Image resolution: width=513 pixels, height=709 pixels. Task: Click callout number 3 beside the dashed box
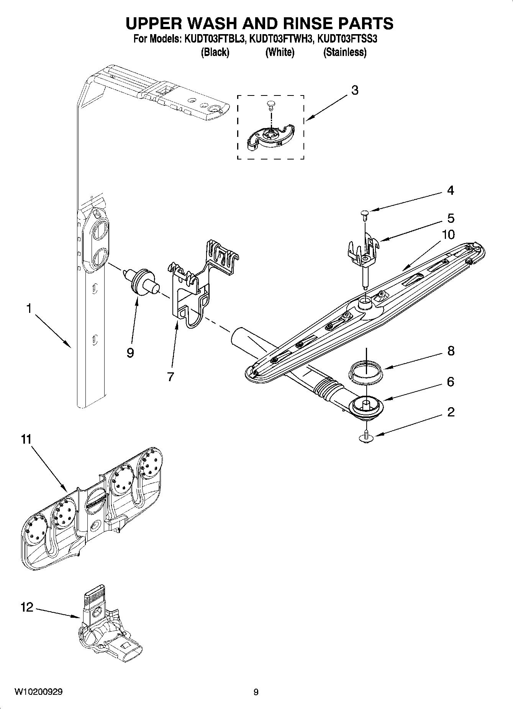pos(355,90)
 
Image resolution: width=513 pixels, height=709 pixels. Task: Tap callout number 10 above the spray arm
pos(449,234)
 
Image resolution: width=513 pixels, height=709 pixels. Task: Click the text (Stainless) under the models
pos(345,52)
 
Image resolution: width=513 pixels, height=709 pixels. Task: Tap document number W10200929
pos(39,692)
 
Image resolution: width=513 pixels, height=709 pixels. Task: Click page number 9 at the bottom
pos(256,692)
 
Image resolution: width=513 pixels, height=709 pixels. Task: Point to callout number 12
pos(27,607)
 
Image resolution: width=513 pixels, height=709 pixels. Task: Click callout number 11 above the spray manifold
pos(26,439)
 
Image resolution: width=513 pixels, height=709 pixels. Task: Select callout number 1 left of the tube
pos(29,308)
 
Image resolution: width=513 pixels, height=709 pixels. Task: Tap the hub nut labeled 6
pos(366,405)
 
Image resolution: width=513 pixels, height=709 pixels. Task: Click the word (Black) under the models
pos(215,52)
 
